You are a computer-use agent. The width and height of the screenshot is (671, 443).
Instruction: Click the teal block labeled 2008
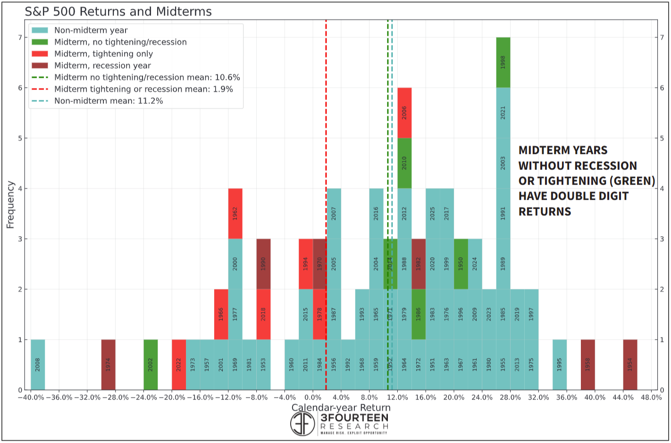(x=38, y=365)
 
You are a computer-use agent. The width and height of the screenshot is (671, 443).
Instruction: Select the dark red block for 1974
(x=108, y=365)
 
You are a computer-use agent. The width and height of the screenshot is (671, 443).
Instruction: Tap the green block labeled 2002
(x=151, y=365)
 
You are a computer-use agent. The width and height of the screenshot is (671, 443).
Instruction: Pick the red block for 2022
(x=179, y=365)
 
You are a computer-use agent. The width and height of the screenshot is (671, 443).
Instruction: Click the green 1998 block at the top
(x=503, y=62)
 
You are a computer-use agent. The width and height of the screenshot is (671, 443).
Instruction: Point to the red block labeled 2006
(x=404, y=113)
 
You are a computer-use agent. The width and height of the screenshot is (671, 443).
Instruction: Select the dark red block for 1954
(x=630, y=365)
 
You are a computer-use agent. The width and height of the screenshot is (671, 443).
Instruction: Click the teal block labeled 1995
(x=560, y=365)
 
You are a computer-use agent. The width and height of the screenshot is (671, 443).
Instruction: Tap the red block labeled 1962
(x=235, y=213)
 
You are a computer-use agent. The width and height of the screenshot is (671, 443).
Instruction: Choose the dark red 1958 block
(x=587, y=365)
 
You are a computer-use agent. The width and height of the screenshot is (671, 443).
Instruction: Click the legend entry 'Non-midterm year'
(x=91, y=30)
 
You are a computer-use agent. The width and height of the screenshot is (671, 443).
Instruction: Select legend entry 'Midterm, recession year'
(x=102, y=66)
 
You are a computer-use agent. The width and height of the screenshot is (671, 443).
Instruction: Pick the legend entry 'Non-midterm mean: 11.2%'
(x=108, y=101)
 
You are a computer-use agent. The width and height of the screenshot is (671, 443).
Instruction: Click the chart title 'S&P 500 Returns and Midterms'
(x=118, y=11)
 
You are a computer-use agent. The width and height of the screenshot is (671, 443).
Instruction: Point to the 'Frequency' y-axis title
(x=10, y=204)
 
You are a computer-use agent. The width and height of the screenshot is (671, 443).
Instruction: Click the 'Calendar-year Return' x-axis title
(x=341, y=408)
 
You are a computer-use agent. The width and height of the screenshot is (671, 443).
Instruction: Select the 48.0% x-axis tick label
(x=651, y=398)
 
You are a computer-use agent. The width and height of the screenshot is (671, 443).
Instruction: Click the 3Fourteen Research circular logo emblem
(x=302, y=423)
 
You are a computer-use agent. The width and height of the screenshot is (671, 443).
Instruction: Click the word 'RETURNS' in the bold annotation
(x=545, y=212)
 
